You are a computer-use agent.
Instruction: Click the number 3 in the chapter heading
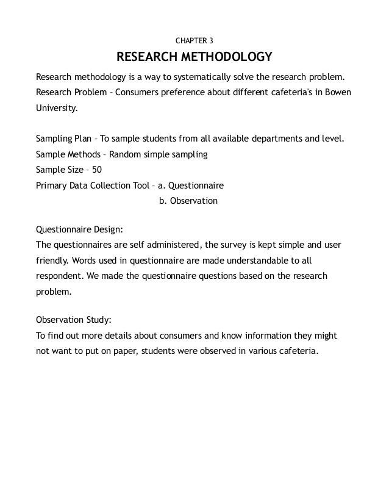click(x=211, y=41)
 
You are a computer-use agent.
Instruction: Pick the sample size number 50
click(x=96, y=170)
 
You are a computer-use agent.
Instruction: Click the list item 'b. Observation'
click(x=188, y=200)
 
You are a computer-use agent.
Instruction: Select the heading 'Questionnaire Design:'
click(x=80, y=230)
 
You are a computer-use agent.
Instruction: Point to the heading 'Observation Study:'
click(x=74, y=320)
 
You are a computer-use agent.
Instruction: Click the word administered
click(x=171, y=245)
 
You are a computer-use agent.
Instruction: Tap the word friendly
click(x=52, y=261)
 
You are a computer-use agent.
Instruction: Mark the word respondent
click(x=60, y=276)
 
